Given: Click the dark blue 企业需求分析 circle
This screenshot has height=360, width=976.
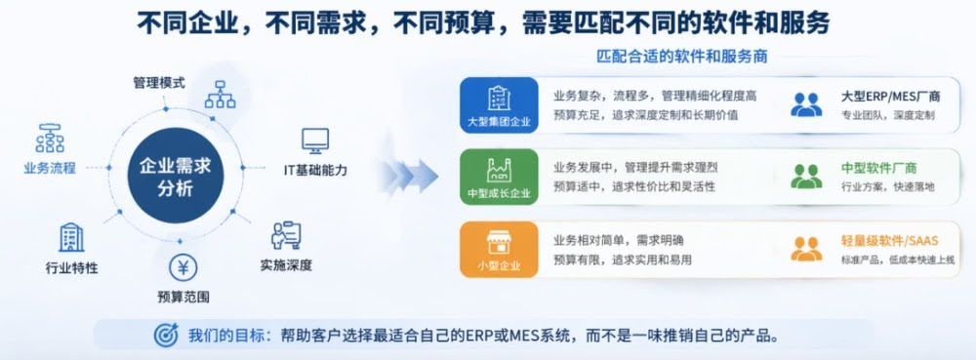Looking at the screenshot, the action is [x=176, y=176].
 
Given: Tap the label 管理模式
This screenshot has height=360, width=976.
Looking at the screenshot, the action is [x=159, y=83].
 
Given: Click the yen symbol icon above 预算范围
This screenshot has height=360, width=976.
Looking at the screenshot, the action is [x=183, y=268].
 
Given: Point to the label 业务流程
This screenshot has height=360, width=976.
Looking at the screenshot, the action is [x=50, y=168].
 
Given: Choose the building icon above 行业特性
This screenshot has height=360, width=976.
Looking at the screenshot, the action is [x=71, y=237].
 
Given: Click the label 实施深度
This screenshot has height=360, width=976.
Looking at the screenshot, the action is [x=286, y=265].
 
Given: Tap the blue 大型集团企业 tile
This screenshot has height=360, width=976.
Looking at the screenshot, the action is [x=499, y=105].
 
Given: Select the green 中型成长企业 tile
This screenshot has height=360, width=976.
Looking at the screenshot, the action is [x=499, y=177].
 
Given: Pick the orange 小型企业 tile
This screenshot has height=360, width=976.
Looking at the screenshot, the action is [x=499, y=250].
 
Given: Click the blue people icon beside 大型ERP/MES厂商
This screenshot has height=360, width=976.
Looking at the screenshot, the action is [x=806, y=104].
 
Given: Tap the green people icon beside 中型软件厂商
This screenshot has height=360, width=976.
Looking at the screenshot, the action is [x=806, y=176].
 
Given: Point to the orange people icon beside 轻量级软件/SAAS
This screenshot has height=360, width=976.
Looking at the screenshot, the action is [x=806, y=249].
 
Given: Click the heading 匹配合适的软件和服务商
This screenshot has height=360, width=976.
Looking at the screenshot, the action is [x=682, y=57].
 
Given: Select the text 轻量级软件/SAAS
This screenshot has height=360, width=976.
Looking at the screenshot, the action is [x=889, y=241].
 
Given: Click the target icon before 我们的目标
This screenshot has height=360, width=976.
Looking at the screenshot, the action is [x=166, y=336].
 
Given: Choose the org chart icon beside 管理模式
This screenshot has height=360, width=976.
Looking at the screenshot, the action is [x=221, y=94].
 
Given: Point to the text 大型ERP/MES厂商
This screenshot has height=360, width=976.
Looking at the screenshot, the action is [x=891, y=97].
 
